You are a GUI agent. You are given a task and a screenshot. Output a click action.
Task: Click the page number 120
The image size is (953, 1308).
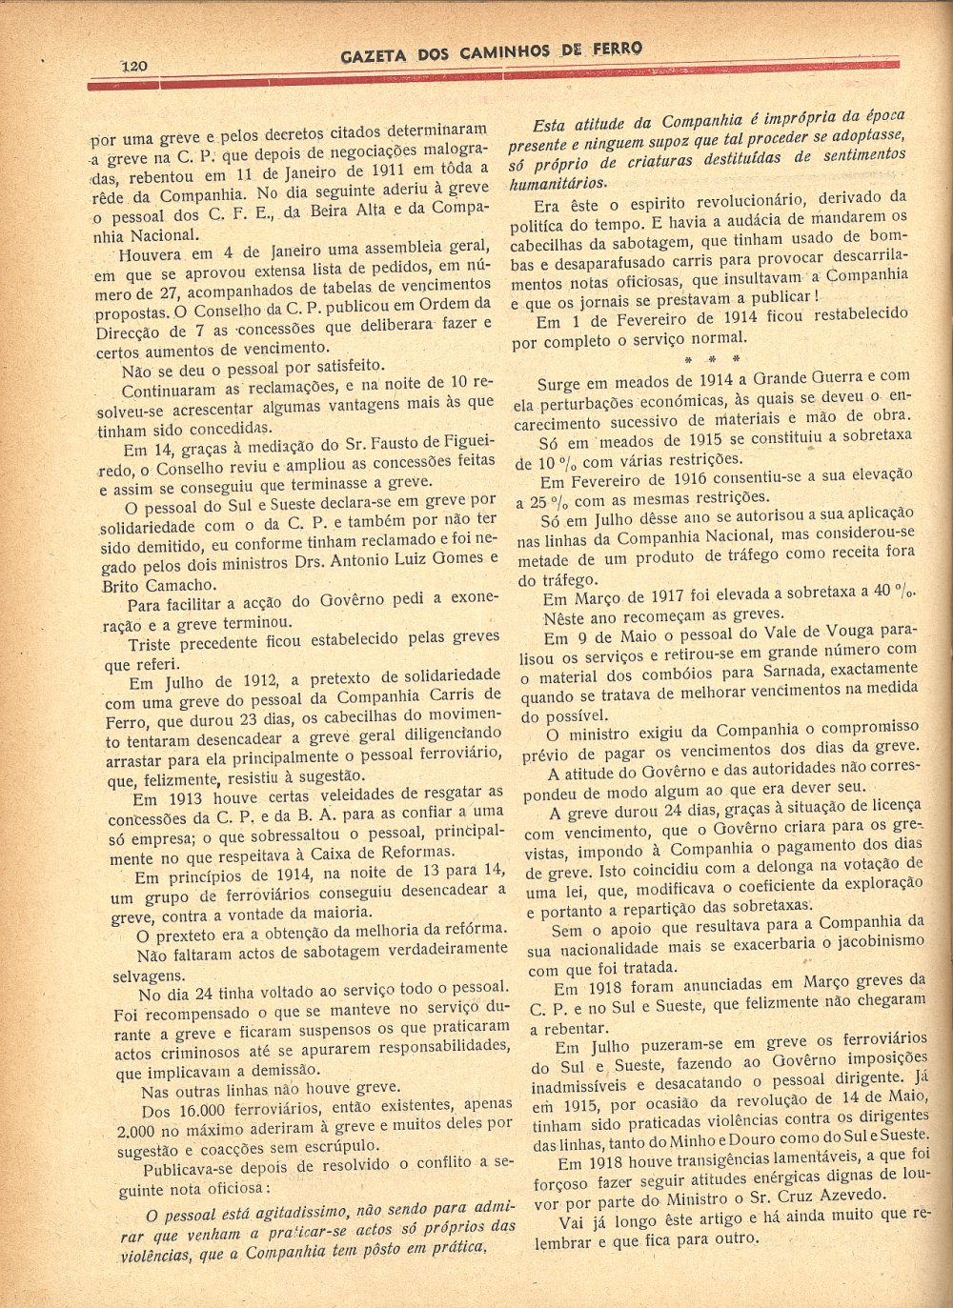[133, 66]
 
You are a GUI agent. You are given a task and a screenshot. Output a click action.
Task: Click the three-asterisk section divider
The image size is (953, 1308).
[711, 360]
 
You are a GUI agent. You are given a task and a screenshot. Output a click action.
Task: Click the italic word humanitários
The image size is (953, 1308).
[558, 184]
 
